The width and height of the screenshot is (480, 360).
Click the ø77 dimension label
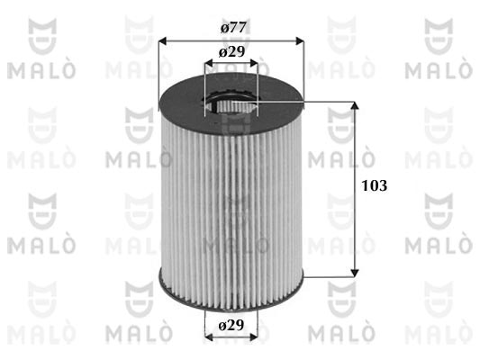[233, 28]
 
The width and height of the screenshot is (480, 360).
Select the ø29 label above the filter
[231, 52]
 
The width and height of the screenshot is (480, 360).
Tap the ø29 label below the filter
[231, 325]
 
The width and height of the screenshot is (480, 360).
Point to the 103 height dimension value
[375, 185]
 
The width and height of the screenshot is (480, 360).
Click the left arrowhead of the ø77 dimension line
[163, 41]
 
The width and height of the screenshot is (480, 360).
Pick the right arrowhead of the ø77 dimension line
[300, 41]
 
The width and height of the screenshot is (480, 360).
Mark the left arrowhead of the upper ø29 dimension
[209, 63]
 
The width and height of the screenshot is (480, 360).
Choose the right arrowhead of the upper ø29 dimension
[254, 63]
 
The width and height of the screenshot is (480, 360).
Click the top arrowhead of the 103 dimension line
[355, 106]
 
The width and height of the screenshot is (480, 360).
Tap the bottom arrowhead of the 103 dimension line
[355, 273]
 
